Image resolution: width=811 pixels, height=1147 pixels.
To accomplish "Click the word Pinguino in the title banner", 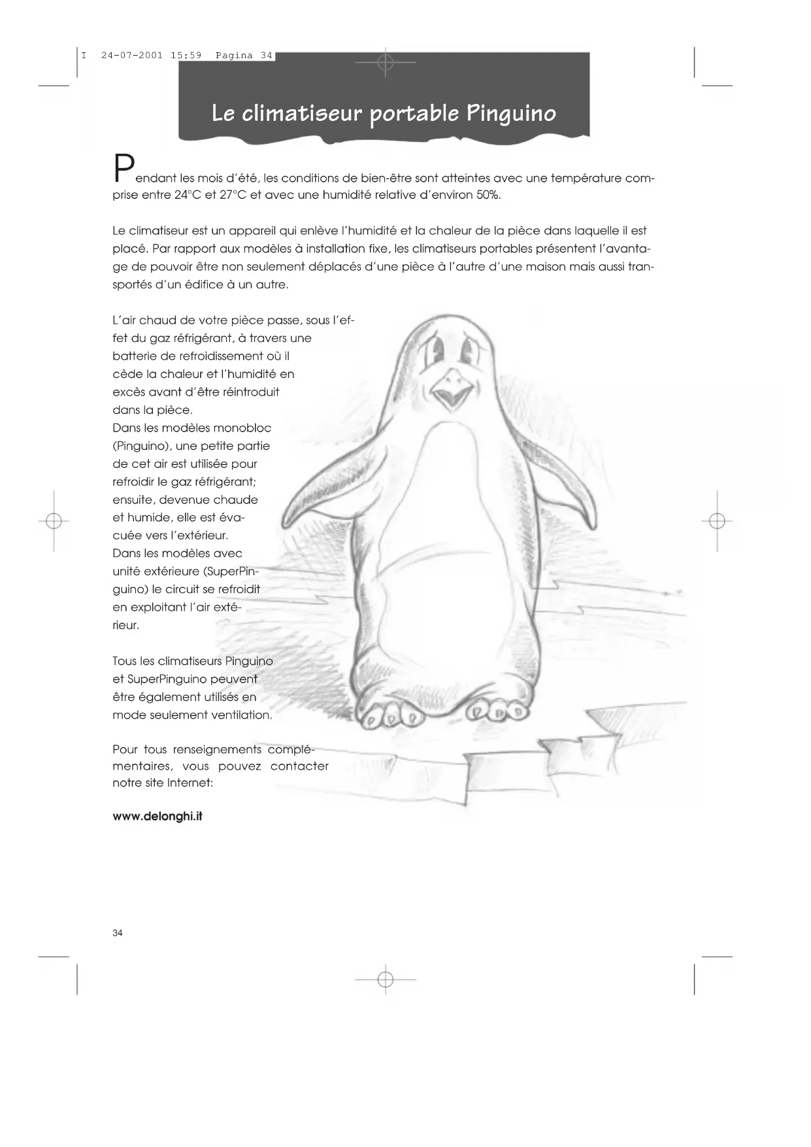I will (x=510, y=114).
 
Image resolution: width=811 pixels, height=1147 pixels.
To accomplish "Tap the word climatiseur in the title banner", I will (x=301, y=114).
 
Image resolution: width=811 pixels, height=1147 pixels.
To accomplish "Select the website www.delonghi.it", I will (x=157, y=817).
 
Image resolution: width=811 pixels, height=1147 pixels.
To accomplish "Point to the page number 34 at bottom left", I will (x=118, y=933).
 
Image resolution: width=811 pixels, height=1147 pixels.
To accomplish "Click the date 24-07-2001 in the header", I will (x=132, y=56).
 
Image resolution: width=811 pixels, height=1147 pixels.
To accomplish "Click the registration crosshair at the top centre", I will (x=386, y=62).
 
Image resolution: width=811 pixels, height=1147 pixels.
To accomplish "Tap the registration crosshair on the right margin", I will (x=717, y=521).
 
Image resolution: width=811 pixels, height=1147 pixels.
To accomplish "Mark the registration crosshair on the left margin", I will (x=54, y=521).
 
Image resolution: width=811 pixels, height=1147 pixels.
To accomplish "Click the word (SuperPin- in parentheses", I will (x=231, y=572).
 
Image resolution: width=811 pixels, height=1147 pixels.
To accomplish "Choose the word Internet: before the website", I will (x=190, y=783).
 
